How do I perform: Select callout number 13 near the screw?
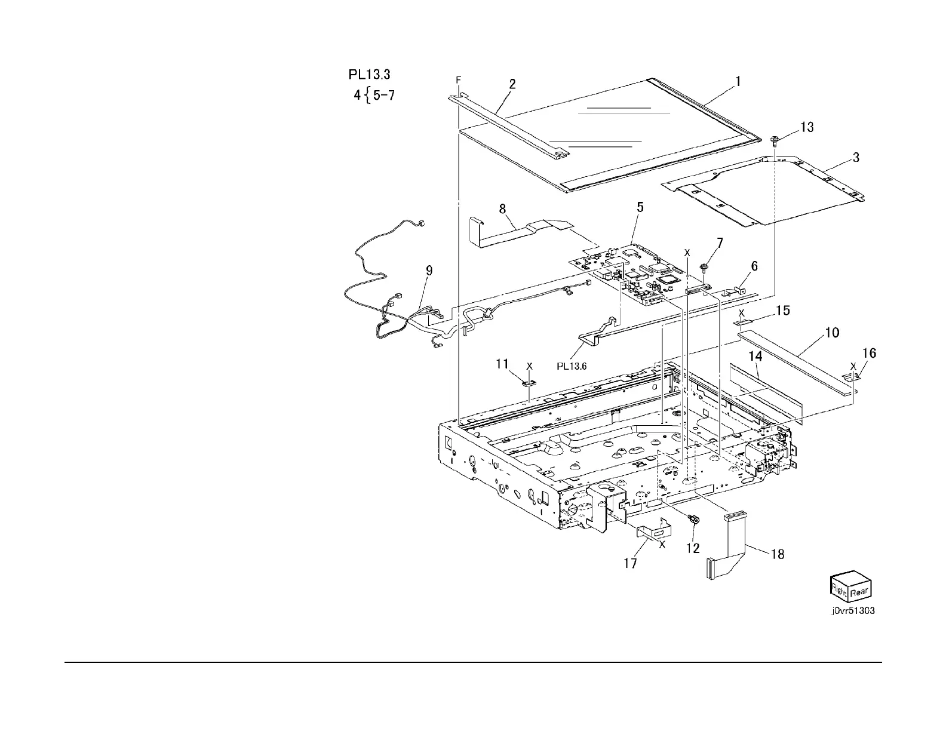click(x=806, y=127)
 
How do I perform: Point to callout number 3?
click(x=856, y=158)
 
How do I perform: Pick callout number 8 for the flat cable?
click(x=502, y=209)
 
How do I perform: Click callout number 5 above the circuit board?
click(x=640, y=207)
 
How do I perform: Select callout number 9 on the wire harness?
click(x=429, y=271)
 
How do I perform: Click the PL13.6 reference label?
click(x=572, y=367)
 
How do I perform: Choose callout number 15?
click(x=782, y=311)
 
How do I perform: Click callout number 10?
click(x=832, y=333)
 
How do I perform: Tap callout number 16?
click(x=869, y=354)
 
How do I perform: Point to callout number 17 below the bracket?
click(x=630, y=563)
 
